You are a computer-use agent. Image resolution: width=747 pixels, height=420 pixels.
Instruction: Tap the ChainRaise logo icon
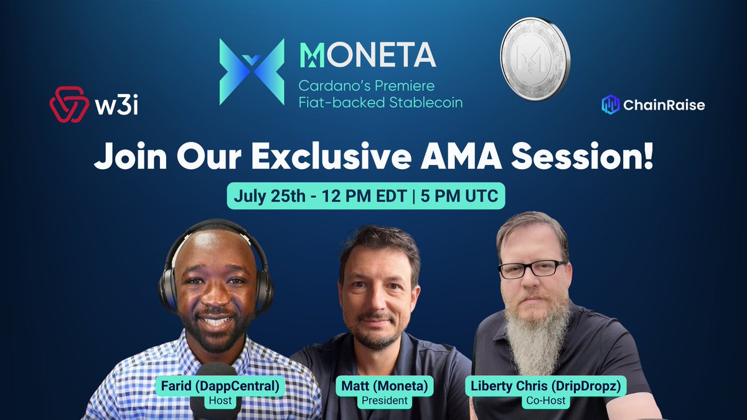(611, 105)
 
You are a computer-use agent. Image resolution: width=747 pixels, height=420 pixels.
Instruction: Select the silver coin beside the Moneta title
(535, 59)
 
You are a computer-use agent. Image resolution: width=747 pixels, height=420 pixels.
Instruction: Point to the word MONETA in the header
(368, 55)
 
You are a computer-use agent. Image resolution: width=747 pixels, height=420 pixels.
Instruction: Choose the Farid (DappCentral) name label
(220, 386)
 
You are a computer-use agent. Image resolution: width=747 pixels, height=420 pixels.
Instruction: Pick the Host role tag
(220, 401)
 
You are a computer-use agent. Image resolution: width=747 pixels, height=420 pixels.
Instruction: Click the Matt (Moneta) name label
(385, 386)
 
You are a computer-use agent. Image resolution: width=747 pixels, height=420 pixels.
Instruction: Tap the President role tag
(385, 401)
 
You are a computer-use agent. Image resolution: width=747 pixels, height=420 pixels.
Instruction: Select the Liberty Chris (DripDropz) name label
(545, 386)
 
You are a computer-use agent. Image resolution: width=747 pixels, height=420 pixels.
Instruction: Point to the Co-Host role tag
(545, 401)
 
